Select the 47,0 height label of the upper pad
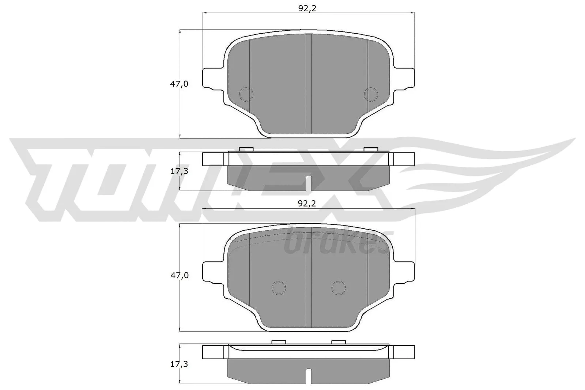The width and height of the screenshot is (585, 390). pyautogui.click(x=179, y=84)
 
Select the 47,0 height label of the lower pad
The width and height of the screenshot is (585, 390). pyautogui.click(x=179, y=276)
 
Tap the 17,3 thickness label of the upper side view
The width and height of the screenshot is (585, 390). pyautogui.click(x=179, y=171)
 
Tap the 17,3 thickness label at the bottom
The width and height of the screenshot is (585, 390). pyautogui.click(x=179, y=364)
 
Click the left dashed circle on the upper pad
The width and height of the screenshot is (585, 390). pyautogui.click(x=246, y=94)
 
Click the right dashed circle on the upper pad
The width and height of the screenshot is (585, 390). pyautogui.click(x=371, y=94)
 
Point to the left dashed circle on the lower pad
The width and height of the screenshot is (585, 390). pyautogui.click(x=279, y=288)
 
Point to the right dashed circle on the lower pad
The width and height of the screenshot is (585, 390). pyautogui.click(x=338, y=288)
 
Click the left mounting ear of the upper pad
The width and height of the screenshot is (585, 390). pyautogui.click(x=212, y=79)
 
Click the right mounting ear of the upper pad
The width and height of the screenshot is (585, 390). pyautogui.click(x=404, y=79)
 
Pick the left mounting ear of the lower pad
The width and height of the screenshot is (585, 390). pyautogui.click(x=212, y=272)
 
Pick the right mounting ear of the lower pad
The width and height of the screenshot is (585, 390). pyautogui.click(x=404, y=272)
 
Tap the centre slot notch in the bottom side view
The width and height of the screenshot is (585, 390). pyautogui.click(x=309, y=377)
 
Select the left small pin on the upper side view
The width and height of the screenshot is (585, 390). pyautogui.click(x=246, y=149)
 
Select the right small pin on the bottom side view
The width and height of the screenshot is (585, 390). pyautogui.click(x=338, y=342)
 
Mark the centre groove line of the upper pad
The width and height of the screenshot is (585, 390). pyautogui.click(x=308, y=84)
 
